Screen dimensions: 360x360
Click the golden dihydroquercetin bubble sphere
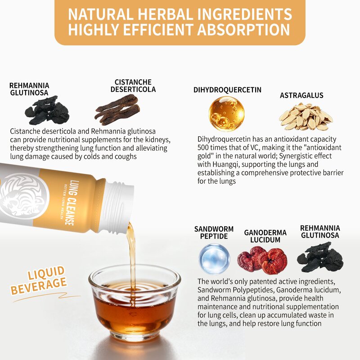point(226,114)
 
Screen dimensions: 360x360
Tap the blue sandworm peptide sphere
point(214,259)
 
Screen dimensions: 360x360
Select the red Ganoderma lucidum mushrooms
point(262,260)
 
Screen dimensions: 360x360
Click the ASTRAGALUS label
point(301,95)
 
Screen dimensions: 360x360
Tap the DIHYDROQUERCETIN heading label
point(227,90)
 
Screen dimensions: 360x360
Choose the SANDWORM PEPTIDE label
point(214,233)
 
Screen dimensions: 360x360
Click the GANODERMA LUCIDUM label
point(265,236)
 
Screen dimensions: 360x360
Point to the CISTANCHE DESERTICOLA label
point(133,85)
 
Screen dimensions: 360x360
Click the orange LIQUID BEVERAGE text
point(39,280)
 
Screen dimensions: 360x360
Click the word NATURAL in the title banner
point(100,14)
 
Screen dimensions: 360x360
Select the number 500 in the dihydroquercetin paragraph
point(203,148)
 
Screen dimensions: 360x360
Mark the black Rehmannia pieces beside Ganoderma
point(320,256)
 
